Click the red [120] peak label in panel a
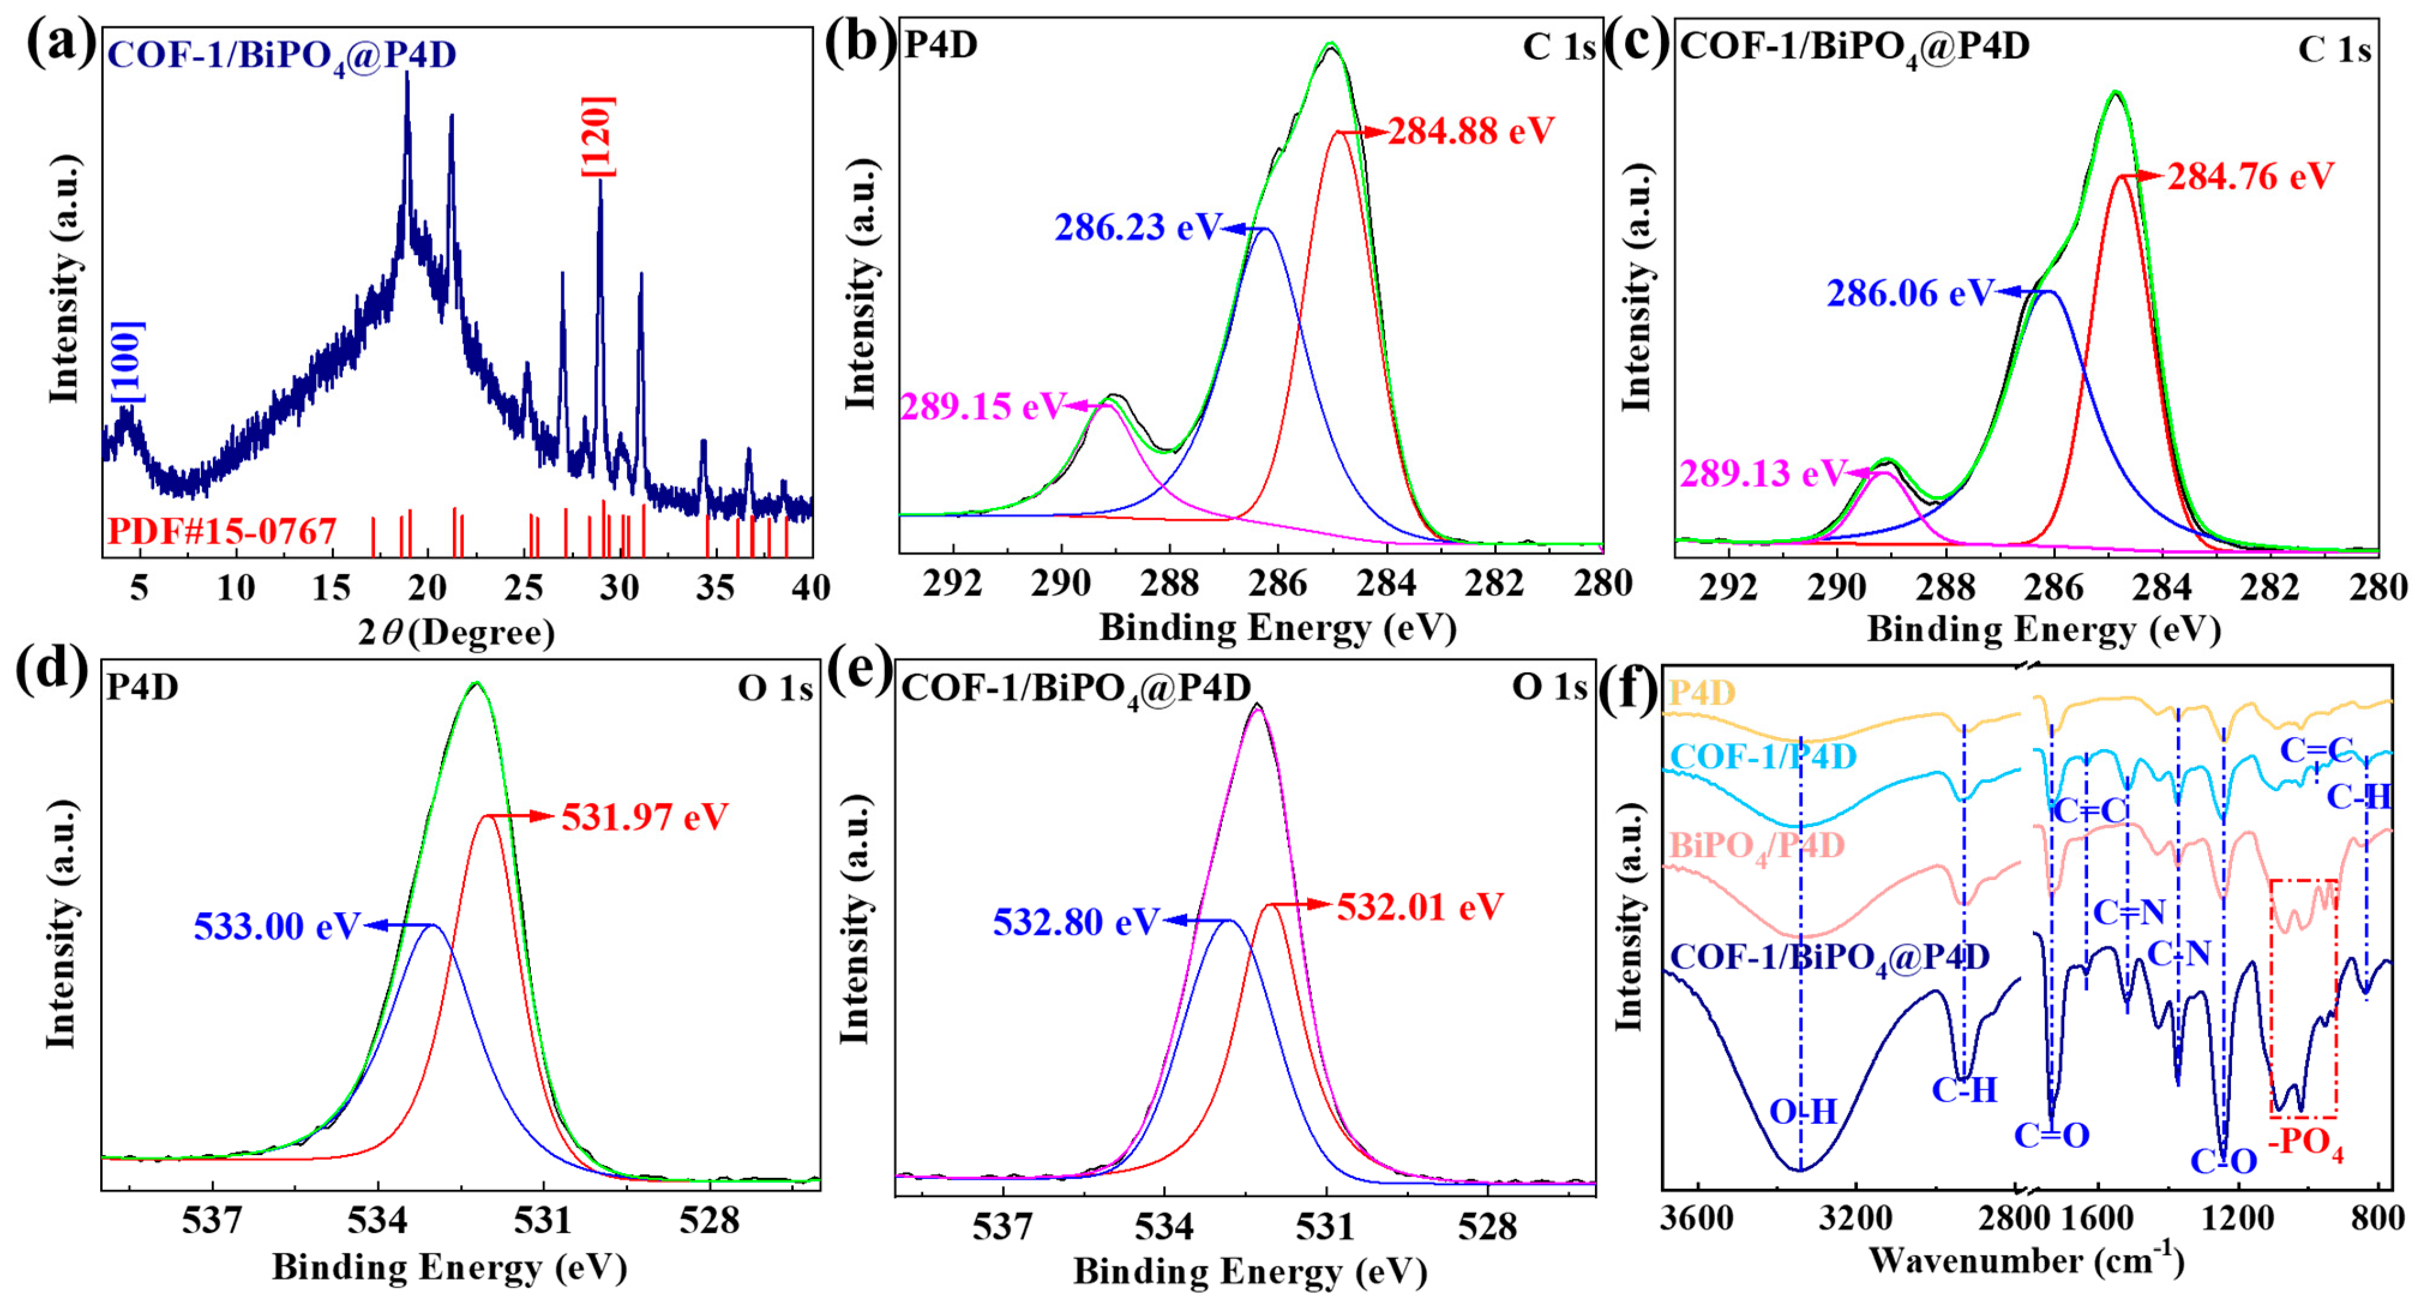598,136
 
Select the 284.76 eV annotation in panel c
2250,176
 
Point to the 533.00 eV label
276,927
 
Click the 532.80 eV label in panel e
1076,922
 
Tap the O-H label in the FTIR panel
1802,1112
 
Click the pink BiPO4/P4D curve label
1757,846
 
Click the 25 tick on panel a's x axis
523,588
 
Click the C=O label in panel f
2051,1136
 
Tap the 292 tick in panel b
952,584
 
